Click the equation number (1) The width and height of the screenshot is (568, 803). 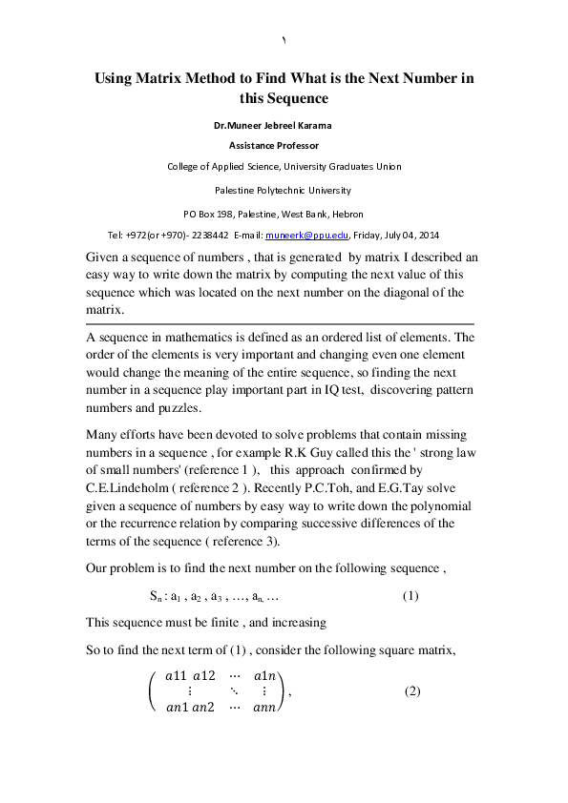tap(410, 596)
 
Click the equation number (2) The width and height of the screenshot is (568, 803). tap(412, 690)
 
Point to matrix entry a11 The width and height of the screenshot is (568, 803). tap(179, 675)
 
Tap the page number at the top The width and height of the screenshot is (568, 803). tap(284, 39)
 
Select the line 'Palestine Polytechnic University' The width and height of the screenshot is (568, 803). tap(283, 190)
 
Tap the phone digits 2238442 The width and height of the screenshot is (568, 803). tap(209, 235)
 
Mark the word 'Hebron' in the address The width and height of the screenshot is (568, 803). tap(347, 214)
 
